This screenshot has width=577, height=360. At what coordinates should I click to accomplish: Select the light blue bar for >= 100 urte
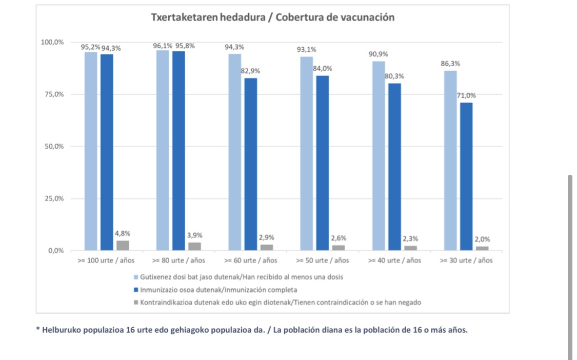(x=91, y=151)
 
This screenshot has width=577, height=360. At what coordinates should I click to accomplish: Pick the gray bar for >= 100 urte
(x=123, y=246)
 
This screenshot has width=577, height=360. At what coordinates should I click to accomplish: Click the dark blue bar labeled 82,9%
(x=251, y=164)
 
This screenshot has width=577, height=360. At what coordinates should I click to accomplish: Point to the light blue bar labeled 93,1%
(x=307, y=153)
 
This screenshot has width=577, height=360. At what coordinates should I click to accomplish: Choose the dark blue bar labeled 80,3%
(x=394, y=167)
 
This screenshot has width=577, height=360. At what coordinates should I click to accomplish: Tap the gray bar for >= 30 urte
(x=482, y=248)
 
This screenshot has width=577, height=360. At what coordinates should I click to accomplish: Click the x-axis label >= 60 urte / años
(x=250, y=261)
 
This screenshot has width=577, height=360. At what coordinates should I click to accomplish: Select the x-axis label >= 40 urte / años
(x=394, y=261)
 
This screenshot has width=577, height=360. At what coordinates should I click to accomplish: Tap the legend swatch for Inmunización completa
(x=135, y=290)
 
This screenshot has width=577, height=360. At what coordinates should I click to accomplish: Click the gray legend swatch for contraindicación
(x=135, y=303)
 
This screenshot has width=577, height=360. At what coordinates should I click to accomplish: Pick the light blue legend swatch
(x=135, y=277)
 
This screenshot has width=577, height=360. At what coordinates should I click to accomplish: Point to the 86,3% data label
(x=450, y=64)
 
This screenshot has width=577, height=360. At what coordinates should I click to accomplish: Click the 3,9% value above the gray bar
(x=194, y=235)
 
